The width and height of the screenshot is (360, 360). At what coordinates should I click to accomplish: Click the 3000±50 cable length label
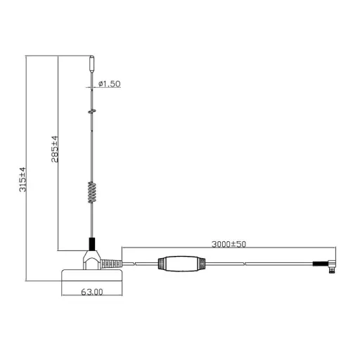(229, 244)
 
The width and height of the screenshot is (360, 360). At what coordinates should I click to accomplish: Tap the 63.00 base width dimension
(92, 291)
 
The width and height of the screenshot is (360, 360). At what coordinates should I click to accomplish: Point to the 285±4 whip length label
(55, 150)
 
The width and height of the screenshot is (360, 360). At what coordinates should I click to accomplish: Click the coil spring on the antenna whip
(91, 192)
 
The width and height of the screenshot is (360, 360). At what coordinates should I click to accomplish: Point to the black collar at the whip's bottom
(91, 242)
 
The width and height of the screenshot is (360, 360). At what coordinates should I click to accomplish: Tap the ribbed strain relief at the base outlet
(112, 264)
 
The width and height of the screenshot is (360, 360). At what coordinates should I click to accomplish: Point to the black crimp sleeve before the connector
(316, 264)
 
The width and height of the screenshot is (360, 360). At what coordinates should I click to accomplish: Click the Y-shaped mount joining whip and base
(91, 257)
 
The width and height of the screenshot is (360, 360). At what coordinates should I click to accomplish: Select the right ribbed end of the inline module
(201, 264)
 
